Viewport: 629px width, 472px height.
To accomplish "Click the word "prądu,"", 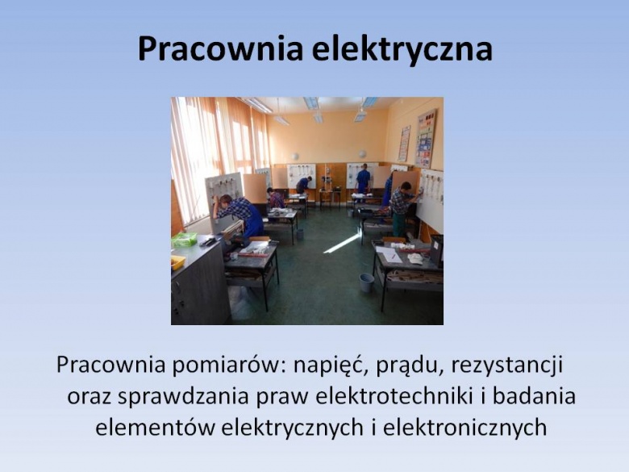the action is pyautogui.click(x=410, y=365).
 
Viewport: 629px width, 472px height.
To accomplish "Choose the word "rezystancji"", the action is pyautogui.click(x=507, y=365).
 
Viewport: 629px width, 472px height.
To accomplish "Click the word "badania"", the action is pyautogui.click(x=534, y=396).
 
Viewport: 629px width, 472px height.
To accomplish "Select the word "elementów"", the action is pyautogui.click(x=155, y=428).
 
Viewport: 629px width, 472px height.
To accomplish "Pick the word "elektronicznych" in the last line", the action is pyautogui.click(x=464, y=428).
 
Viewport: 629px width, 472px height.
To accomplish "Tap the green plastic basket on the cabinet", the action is pyautogui.click(x=184, y=240).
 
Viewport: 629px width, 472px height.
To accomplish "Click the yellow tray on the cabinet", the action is pyautogui.click(x=177, y=262).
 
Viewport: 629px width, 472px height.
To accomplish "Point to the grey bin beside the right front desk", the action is pyautogui.click(x=366, y=282).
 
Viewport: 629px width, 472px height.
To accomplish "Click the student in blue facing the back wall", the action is pyautogui.click(x=363, y=181).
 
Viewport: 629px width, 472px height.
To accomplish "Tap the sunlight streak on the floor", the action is pyautogui.click(x=343, y=242).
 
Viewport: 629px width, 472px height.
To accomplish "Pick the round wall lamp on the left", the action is pyautogui.click(x=295, y=157).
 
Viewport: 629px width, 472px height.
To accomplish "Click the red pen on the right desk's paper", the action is pyautogui.click(x=394, y=255).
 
